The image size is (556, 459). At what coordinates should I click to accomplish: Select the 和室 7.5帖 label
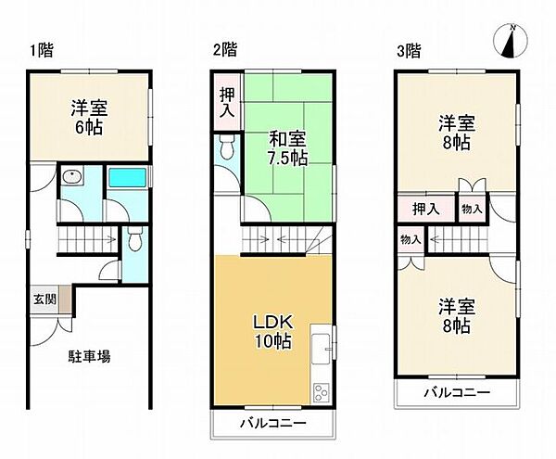[x=288, y=148]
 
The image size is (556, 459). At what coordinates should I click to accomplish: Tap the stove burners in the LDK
[x=322, y=390]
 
